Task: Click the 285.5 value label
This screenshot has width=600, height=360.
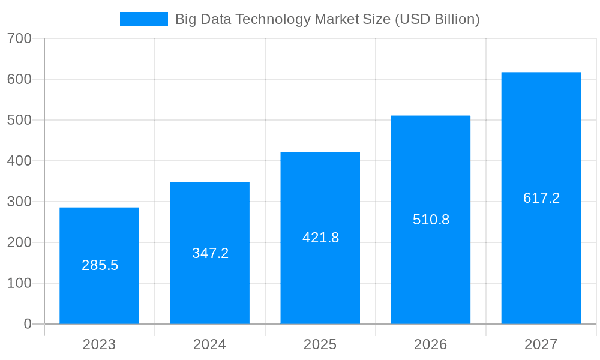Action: tap(100, 265)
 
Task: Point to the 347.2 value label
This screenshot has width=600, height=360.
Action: tap(210, 253)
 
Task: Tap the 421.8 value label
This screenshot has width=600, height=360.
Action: tap(320, 238)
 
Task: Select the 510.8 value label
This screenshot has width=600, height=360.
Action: tap(431, 220)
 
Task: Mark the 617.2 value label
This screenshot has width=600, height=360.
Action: tap(541, 198)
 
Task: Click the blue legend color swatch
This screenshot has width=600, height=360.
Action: tap(144, 19)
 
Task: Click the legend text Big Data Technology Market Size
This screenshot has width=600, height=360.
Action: tap(327, 19)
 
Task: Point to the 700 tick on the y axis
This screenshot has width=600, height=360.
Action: tap(19, 38)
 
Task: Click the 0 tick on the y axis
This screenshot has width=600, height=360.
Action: tap(28, 324)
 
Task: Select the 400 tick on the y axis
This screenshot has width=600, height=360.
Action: tap(19, 161)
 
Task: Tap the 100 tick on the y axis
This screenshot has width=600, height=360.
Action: tap(19, 283)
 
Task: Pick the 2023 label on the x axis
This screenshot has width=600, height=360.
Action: tap(99, 344)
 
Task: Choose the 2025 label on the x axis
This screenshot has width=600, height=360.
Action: tap(320, 344)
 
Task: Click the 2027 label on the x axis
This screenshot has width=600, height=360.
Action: tap(541, 344)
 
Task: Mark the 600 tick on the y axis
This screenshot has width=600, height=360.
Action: tap(19, 79)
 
